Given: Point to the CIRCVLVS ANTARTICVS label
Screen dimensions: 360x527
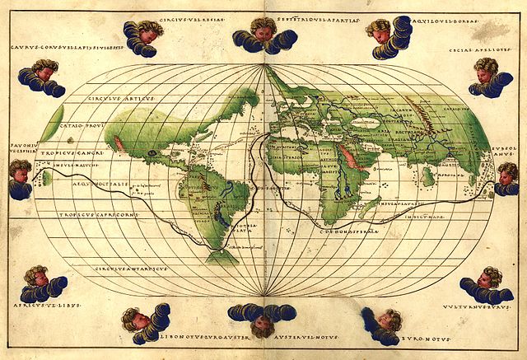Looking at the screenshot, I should (x=132, y=269).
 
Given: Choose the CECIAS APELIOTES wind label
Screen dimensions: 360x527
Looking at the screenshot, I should (x=493, y=48).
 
